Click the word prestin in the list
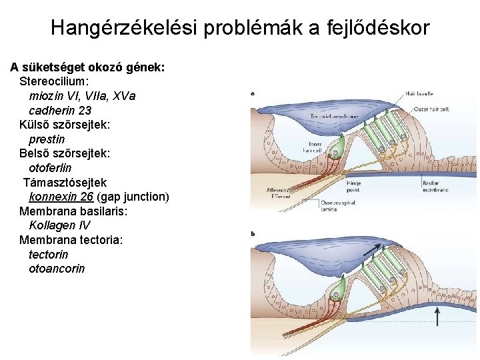pos(47,139)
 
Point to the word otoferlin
pos(50,168)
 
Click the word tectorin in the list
pos(48,255)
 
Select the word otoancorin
pos(57,269)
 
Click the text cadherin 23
pos(60,110)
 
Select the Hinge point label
pos(353,185)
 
